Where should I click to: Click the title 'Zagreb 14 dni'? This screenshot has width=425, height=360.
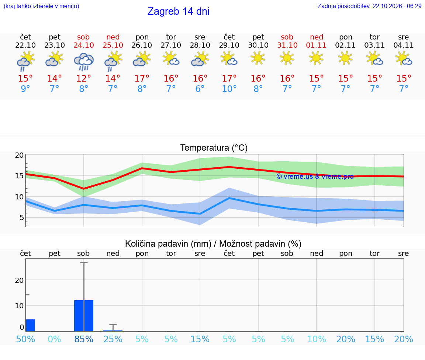click(178, 11)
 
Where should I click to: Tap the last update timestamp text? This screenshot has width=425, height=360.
click(369, 6)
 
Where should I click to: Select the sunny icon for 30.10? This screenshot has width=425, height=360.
click(258, 59)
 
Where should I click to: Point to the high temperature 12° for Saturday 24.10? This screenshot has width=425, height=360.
click(83, 78)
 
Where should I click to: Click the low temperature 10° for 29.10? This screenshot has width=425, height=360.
click(229, 89)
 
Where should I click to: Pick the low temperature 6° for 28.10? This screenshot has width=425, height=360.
click(200, 89)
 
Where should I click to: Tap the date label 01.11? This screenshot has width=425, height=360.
click(316, 45)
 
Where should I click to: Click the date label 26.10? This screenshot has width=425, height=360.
click(142, 45)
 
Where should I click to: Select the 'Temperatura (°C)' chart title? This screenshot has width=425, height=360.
click(214, 148)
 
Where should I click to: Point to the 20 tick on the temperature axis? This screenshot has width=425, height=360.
click(19, 155)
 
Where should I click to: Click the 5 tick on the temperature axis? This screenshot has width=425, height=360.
click(22, 217)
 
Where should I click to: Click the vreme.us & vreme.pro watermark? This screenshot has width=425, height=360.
click(315, 176)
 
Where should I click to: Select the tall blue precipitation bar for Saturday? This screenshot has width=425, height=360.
click(84, 316)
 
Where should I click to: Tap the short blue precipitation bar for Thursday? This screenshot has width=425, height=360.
click(31, 325)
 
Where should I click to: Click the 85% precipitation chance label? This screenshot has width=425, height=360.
click(84, 339)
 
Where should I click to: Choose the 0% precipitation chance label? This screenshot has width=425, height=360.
click(55, 339)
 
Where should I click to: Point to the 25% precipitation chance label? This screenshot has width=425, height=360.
click(113, 339)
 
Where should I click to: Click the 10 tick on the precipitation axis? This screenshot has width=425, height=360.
click(19, 306)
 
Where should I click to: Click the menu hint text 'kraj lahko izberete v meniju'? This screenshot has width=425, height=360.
click(41, 6)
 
